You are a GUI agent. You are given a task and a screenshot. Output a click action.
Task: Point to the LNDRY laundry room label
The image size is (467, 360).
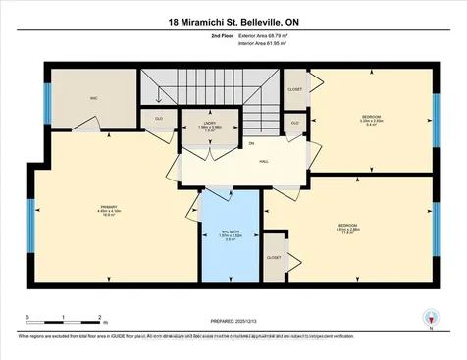click(x=197, y=125)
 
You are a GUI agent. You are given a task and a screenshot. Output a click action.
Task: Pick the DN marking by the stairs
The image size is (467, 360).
click(x=251, y=144)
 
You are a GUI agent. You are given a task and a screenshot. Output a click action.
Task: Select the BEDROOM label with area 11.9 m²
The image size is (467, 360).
click(x=346, y=230)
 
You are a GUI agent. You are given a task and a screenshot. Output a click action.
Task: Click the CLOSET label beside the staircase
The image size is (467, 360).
click(x=295, y=88)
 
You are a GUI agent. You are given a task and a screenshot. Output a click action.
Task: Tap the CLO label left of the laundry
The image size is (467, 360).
click(x=158, y=121)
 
